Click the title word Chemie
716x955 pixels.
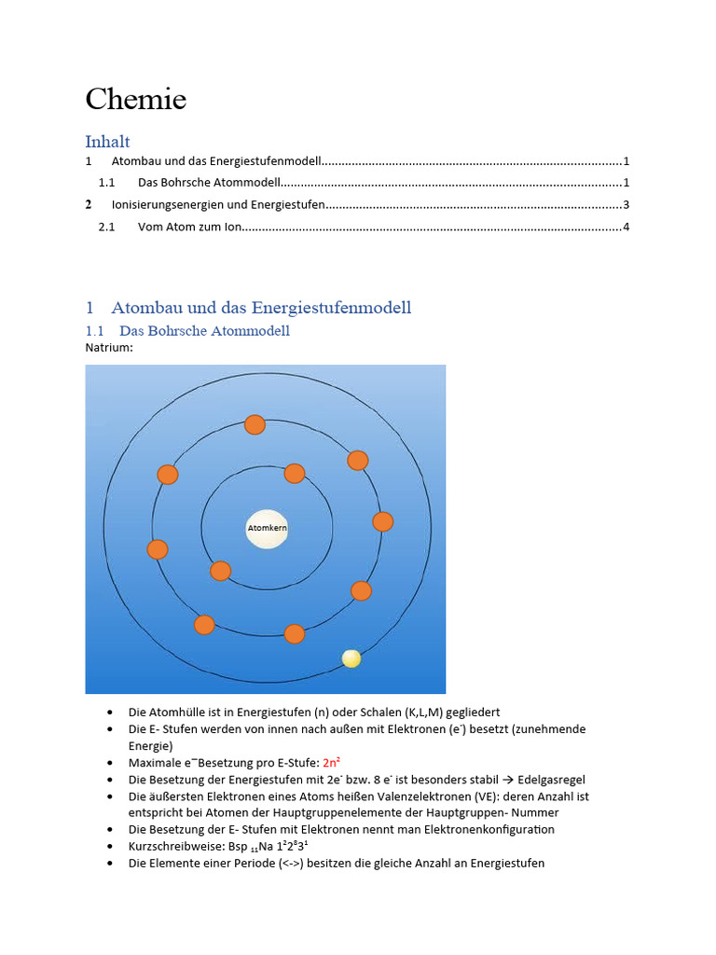(136, 99)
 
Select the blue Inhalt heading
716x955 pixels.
(107, 142)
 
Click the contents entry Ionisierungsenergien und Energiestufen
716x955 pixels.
(217, 204)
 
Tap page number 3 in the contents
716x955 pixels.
(626, 204)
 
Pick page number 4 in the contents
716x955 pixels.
(626, 227)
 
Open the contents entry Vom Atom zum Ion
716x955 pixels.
(189, 227)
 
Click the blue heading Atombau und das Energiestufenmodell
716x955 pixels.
(261, 307)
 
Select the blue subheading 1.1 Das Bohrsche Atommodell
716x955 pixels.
(204, 330)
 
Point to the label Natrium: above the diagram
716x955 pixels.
(109, 348)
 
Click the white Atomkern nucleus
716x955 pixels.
(267, 529)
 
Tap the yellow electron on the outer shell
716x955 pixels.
(351, 658)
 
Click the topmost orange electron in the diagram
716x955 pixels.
(255, 424)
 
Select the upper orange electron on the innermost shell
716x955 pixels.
(295, 473)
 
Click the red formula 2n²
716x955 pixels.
(331, 763)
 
